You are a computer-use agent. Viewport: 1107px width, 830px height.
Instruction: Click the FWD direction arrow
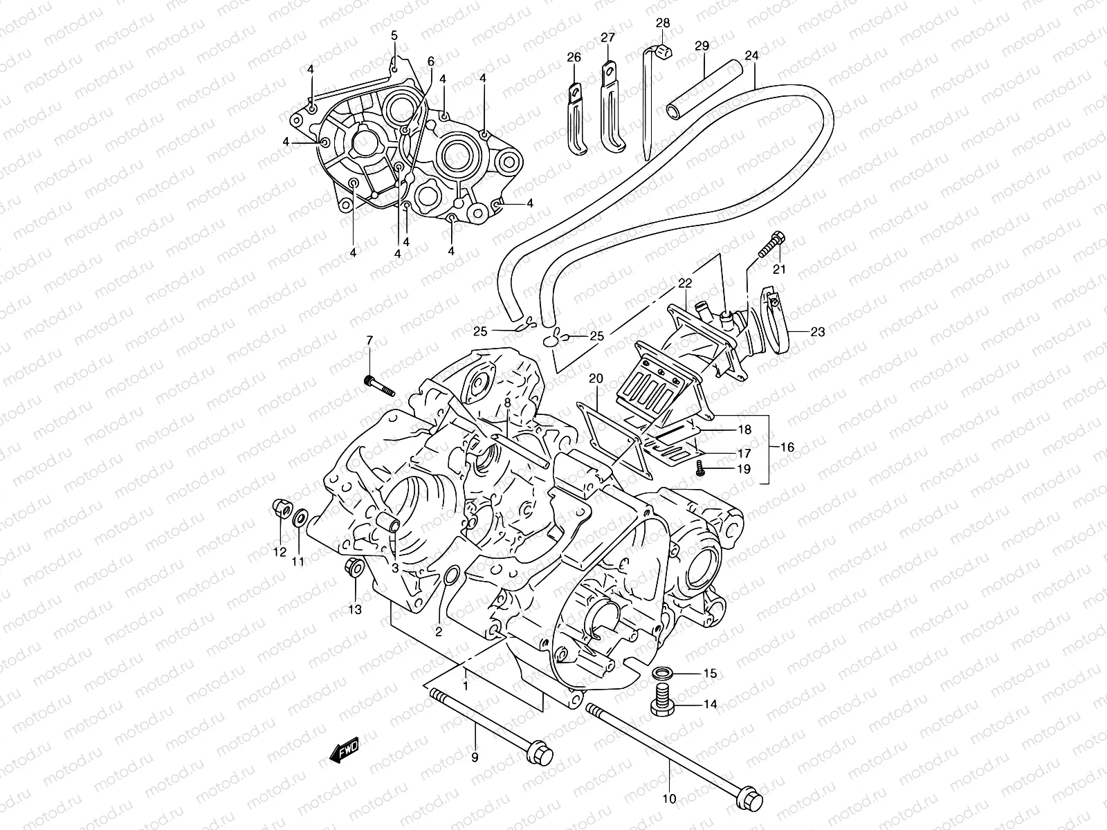click(344, 748)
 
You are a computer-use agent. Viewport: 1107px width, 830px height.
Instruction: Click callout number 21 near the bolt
click(780, 269)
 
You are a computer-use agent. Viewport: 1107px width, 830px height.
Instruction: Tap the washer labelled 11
click(301, 518)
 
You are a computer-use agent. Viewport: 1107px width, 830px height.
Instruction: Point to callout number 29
click(702, 46)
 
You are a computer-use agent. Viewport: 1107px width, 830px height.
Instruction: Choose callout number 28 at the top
click(663, 23)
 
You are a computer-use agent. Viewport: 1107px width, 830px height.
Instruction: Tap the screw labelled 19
click(701, 468)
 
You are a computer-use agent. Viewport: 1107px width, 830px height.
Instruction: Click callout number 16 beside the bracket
click(787, 448)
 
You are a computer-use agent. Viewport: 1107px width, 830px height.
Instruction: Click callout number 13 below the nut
click(355, 609)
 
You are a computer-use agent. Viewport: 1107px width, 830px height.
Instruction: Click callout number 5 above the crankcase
click(394, 35)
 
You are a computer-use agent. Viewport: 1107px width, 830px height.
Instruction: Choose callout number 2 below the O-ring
click(439, 631)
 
